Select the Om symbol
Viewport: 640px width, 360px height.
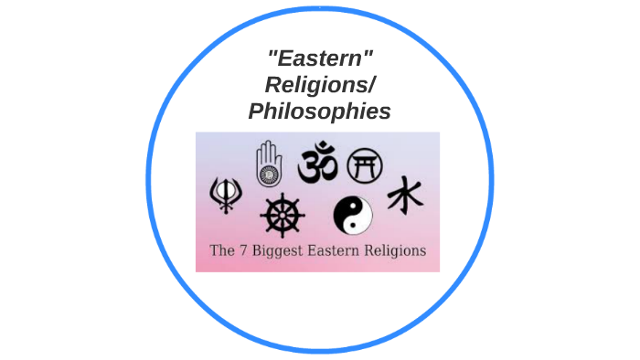[319, 163]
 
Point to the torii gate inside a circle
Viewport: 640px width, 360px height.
[365, 164]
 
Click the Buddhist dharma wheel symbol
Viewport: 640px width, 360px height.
[282, 217]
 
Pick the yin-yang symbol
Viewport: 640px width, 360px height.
[353, 217]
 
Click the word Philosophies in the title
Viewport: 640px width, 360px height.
[319, 111]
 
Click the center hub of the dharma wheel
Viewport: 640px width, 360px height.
[282, 217]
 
